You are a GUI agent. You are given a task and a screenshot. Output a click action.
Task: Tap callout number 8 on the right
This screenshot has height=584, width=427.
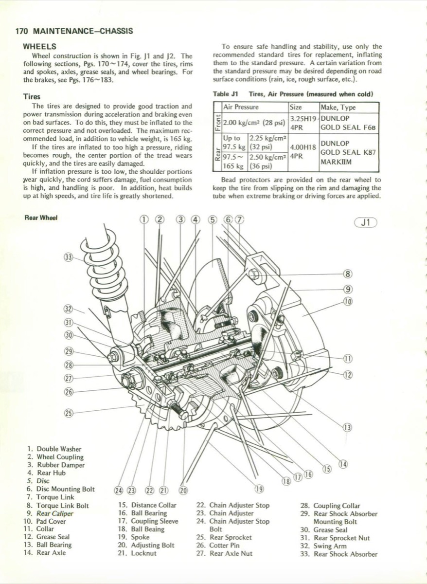[347, 274]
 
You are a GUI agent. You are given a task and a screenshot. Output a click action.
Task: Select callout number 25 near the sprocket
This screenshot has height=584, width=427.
[69, 413]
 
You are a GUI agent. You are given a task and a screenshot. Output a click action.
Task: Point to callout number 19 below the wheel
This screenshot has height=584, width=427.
[259, 489]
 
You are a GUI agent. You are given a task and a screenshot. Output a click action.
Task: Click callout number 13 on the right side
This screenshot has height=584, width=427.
[347, 428]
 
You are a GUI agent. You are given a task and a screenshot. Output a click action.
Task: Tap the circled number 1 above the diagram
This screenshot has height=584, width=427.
[144, 219]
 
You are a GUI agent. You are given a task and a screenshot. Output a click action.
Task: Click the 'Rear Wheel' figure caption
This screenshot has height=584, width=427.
[41, 218]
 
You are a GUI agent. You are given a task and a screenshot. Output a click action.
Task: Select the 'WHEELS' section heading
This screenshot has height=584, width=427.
[40, 47]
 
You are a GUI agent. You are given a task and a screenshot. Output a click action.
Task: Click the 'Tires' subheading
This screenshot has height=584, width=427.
[32, 97]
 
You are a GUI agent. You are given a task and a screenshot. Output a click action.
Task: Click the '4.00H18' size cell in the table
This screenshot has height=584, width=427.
[302, 146]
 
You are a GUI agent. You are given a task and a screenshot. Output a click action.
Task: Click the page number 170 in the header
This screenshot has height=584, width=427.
[22, 31]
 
